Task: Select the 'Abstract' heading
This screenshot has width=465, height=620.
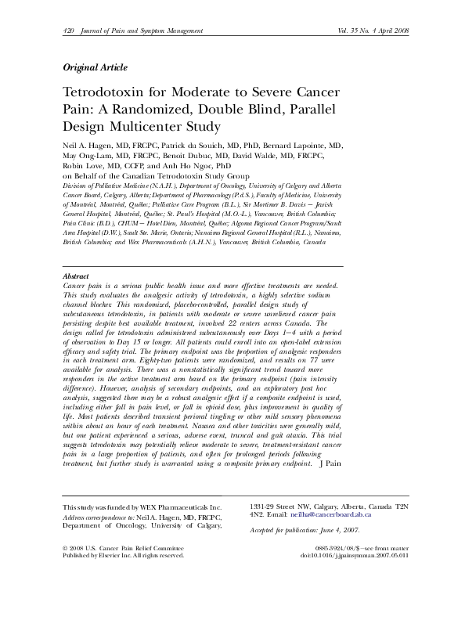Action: point(75,277)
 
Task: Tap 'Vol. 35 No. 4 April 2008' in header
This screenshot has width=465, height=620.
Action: point(367,31)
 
